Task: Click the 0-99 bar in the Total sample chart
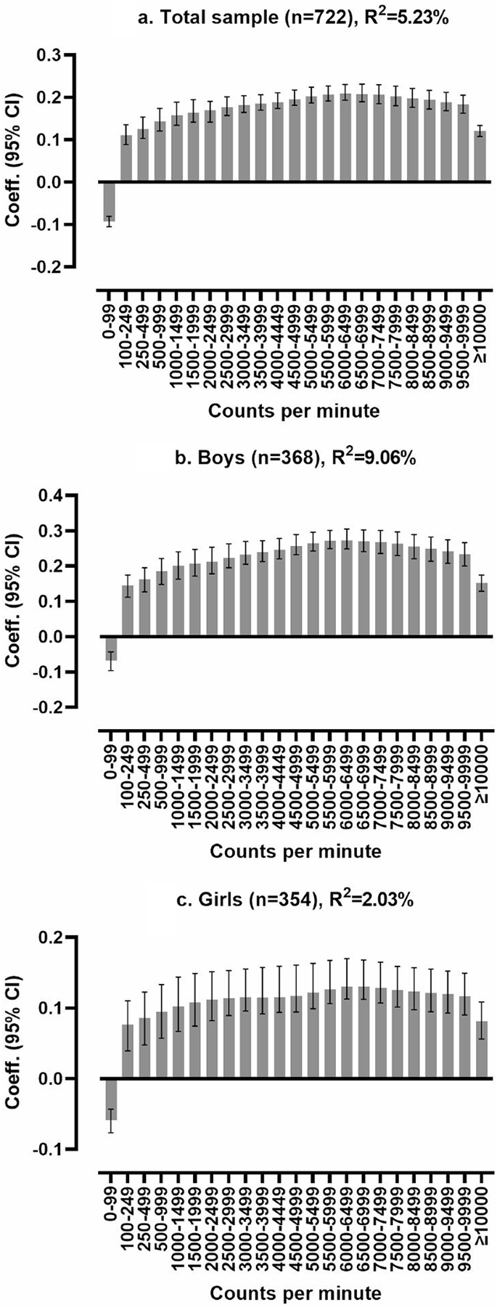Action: click(109, 200)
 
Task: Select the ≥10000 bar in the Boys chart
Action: click(481, 609)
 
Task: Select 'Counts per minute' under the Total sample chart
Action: click(293, 411)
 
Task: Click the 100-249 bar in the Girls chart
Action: click(127, 1051)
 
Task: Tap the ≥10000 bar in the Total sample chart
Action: click(480, 156)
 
